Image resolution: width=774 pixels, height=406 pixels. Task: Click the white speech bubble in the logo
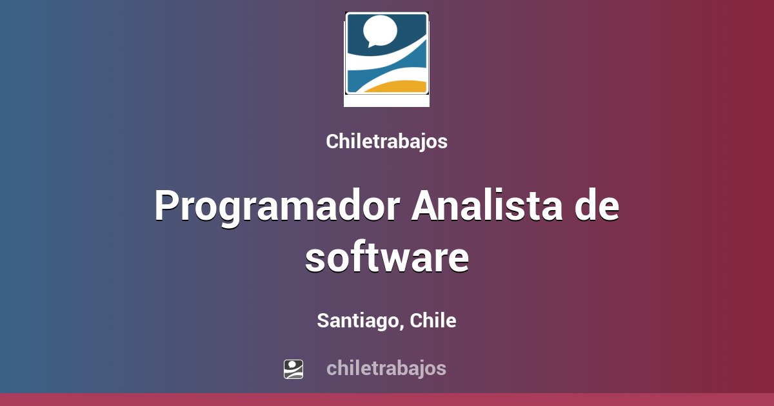pos(380,30)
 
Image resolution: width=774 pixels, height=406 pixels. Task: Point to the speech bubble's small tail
pos(370,44)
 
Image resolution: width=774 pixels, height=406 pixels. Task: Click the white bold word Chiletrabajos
pos(386,142)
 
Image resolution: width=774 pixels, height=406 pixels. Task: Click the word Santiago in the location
pos(358,320)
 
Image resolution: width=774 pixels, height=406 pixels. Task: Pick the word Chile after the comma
pos(433,320)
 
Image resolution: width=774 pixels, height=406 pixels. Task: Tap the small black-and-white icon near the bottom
pos(293,369)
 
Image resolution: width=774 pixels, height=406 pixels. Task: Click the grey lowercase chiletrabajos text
pos(386,368)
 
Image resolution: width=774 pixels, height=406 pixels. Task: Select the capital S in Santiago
pos(322,320)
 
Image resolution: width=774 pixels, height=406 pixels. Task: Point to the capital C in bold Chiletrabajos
pos(332,142)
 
